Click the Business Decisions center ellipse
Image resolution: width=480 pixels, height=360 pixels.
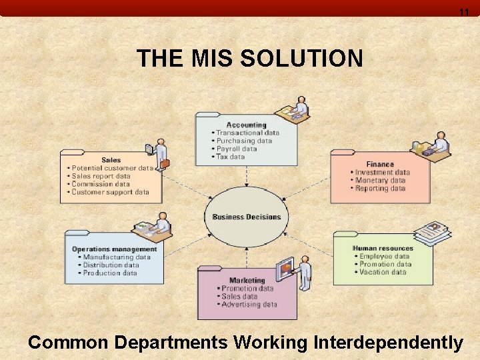coord(247,217)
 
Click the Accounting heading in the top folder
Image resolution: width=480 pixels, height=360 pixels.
coord(246,125)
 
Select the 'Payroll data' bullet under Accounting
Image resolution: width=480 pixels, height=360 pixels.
coord(236,149)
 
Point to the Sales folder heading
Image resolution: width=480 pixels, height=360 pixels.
coord(111,160)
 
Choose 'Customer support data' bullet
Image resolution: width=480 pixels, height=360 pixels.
coord(110,192)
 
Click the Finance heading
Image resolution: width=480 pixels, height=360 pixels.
coord(380,164)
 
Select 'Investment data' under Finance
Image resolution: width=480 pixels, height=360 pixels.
coord(382,172)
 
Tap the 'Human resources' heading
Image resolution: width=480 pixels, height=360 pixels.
coord(383,248)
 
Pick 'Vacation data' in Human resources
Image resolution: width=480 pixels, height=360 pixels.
coord(382,272)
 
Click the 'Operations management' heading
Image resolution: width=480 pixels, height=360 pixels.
coord(115,249)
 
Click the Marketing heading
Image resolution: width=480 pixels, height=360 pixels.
coord(247,280)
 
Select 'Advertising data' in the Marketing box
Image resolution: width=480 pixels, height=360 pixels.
coord(249,305)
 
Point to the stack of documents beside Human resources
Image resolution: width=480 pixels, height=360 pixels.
coord(431,233)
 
